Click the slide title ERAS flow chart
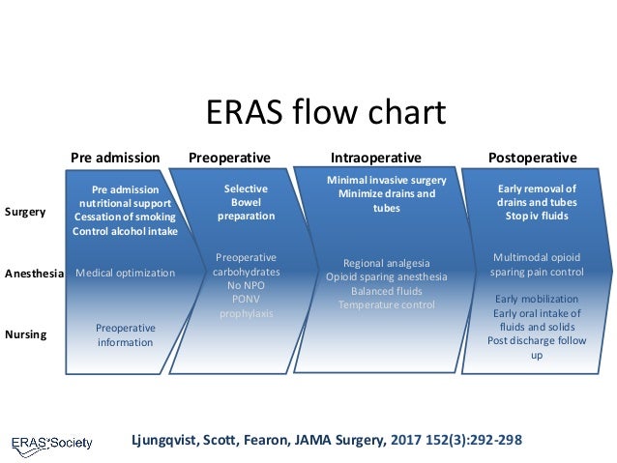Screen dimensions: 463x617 coord(326,113)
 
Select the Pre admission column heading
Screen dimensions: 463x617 coord(115,158)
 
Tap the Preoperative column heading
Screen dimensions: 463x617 coord(229,158)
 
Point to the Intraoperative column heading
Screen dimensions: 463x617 coord(376,158)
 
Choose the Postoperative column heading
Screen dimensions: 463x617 coord(532,158)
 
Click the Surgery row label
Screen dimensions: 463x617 coord(25,211)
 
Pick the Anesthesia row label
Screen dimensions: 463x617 coord(34,274)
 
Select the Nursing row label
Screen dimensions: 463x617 coord(25,334)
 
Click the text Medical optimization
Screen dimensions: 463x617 coord(125,274)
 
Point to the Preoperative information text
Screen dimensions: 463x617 coord(125,334)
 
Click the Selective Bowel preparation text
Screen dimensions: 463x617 coord(246,203)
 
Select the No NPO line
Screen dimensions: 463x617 coord(246,286)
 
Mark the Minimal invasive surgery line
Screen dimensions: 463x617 coord(387,181)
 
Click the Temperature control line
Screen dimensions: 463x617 coord(387,304)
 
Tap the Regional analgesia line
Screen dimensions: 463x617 coord(387,263)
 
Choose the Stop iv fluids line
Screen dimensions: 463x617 coord(536,217)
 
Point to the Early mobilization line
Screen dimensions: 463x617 coord(536,299)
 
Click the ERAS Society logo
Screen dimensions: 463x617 coord(52,443)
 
